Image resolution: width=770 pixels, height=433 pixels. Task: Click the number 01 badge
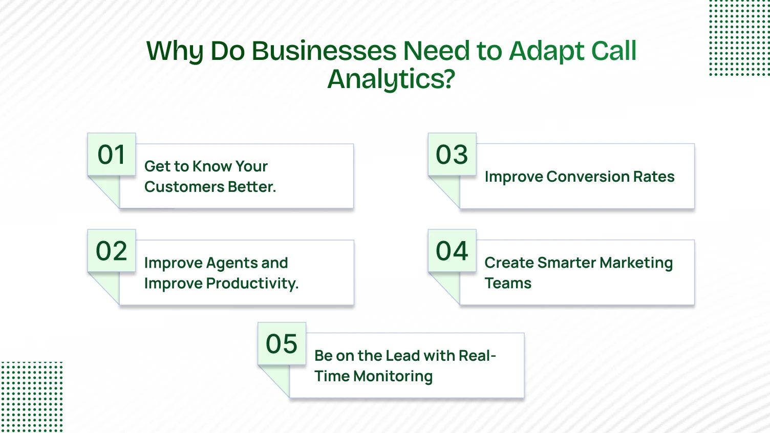112,155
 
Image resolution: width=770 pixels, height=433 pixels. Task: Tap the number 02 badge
112,251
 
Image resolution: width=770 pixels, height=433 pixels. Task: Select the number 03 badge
452,155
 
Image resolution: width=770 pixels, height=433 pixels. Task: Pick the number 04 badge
452,251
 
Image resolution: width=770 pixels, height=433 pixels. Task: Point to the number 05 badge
282,344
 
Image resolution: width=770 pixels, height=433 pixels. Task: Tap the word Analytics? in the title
391,79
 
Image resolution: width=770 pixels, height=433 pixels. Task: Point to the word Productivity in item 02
251,284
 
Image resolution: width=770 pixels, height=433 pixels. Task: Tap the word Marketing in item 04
636,263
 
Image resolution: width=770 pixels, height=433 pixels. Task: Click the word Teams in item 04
508,284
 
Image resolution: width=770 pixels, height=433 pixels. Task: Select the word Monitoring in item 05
393,376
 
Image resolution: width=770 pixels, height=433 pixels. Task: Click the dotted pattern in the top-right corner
739,38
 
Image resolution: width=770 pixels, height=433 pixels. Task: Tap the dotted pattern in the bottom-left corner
31,397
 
